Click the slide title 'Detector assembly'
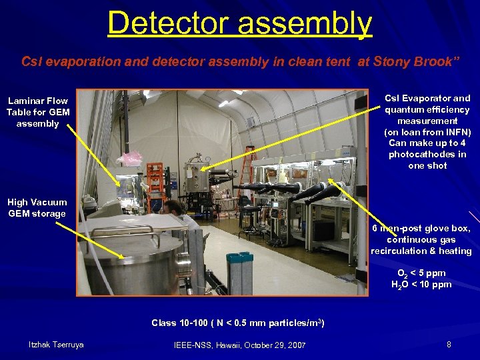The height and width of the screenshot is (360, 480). tap(239, 23)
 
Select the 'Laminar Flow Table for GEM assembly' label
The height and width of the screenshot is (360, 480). tap(38, 112)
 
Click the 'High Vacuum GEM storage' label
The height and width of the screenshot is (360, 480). tap(37, 208)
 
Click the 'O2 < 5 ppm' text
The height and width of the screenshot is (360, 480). tap(421, 273)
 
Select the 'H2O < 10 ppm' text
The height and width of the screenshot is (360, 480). tap(421, 285)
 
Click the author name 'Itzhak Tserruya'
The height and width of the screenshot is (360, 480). tap(56, 344)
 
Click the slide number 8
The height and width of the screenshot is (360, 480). tap(449, 345)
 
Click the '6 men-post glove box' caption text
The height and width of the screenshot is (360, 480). tap(421, 229)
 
